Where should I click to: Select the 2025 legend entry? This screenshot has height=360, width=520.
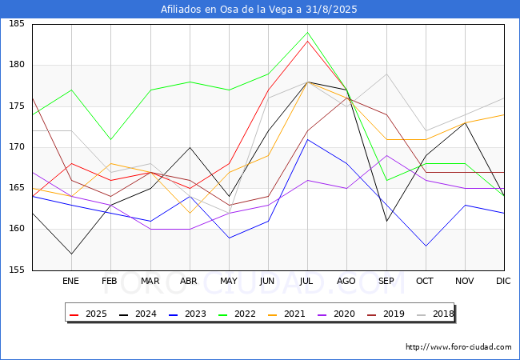coord(88,314)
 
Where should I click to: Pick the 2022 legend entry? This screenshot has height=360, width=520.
coord(237,314)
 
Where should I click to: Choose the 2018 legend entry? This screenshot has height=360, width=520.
coord(435,314)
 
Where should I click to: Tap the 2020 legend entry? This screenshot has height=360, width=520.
coord(336,314)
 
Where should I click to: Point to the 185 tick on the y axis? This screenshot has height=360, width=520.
coord(17,23)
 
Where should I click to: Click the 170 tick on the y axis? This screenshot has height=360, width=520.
coord(17,147)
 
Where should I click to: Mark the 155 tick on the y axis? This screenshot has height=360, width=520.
coord(17,270)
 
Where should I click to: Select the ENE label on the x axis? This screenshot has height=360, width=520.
coord(70,281)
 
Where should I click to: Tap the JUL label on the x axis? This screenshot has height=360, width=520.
coord(306,281)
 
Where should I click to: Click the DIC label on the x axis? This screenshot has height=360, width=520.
coord(503,281)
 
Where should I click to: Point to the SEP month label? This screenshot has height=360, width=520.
coord(386,281)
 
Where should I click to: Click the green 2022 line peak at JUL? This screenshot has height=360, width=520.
coord(308,33)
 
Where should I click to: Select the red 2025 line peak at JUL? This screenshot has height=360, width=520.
coord(308,41)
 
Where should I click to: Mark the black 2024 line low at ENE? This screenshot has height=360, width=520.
coord(72,254)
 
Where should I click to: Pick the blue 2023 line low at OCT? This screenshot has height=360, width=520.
coord(426,246)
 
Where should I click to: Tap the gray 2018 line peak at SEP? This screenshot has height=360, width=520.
coord(386,74)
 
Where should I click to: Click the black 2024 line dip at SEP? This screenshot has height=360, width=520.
coord(386,221)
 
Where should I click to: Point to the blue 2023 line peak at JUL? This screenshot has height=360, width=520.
coord(308,139)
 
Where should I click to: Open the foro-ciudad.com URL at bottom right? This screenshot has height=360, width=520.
coord(458,347)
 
